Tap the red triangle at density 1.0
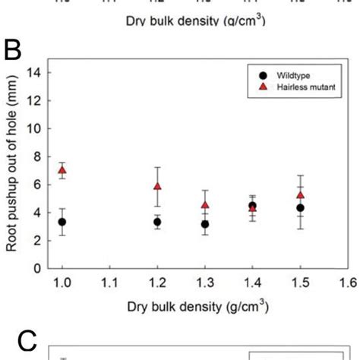point(62,170)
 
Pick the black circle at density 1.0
point(62,222)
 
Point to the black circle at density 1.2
point(157,222)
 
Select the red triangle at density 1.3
point(205,205)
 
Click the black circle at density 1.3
point(205,224)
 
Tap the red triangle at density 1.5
point(300,195)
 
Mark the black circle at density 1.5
point(300,207)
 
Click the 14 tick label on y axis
point(33,73)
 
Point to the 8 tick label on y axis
point(36,156)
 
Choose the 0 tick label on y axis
point(36,268)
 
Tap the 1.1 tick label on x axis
point(110,283)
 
